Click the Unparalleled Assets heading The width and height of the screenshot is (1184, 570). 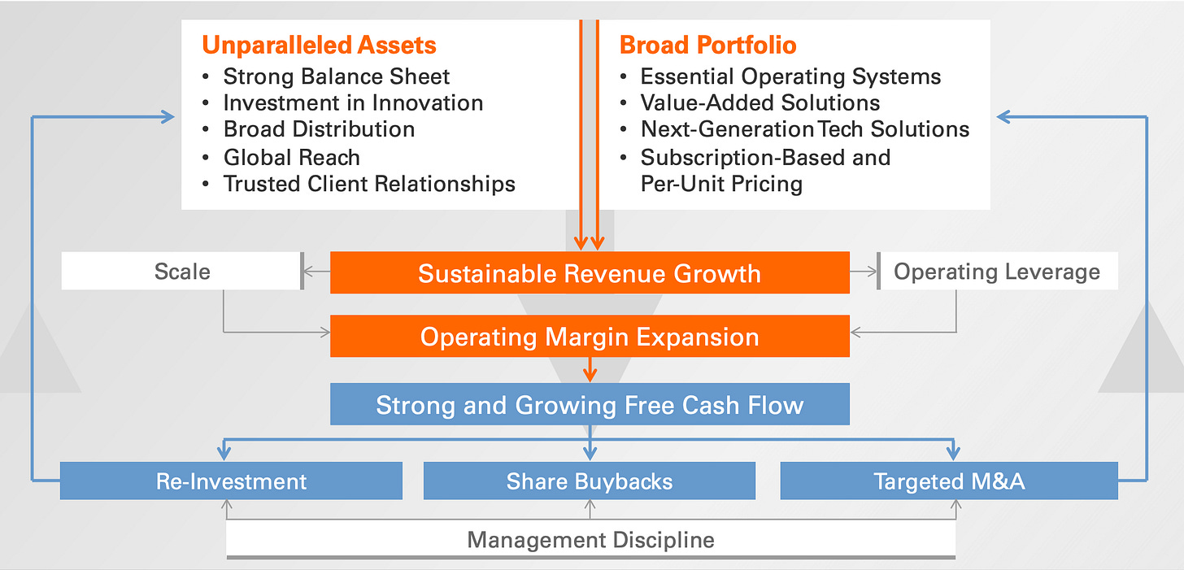click(x=319, y=45)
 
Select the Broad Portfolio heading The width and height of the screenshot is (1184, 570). click(x=707, y=45)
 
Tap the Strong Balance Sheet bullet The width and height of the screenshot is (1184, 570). click(x=336, y=76)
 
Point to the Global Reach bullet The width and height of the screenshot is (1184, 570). click(x=291, y=157)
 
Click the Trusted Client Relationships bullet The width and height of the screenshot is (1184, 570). click(x=369, y=184)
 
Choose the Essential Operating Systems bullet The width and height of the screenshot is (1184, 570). click(x=790, y=76)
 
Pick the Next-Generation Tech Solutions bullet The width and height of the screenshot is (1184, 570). click(x=805, y=129)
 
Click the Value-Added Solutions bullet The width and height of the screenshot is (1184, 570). click(x=760, y=103)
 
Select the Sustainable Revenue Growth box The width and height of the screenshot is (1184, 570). click(x=590, y=273)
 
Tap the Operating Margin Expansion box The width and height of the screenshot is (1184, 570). click(x=590, y=337)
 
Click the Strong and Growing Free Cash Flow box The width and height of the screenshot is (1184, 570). click(x=590, y=405)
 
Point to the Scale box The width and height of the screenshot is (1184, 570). click(x=182, y=272)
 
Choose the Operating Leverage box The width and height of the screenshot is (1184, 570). click(x=997, y=272)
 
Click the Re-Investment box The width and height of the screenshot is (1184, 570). click(x=231, y=481)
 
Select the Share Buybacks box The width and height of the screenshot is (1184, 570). click(x=590, y=481)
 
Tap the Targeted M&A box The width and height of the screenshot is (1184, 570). click(x=949, y=481)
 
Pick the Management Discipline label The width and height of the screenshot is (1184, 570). click(x=591, y=539)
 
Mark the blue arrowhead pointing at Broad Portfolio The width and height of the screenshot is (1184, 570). click(x=1005, y=117)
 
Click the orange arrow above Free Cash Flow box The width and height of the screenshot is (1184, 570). click(x=590, y=371)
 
